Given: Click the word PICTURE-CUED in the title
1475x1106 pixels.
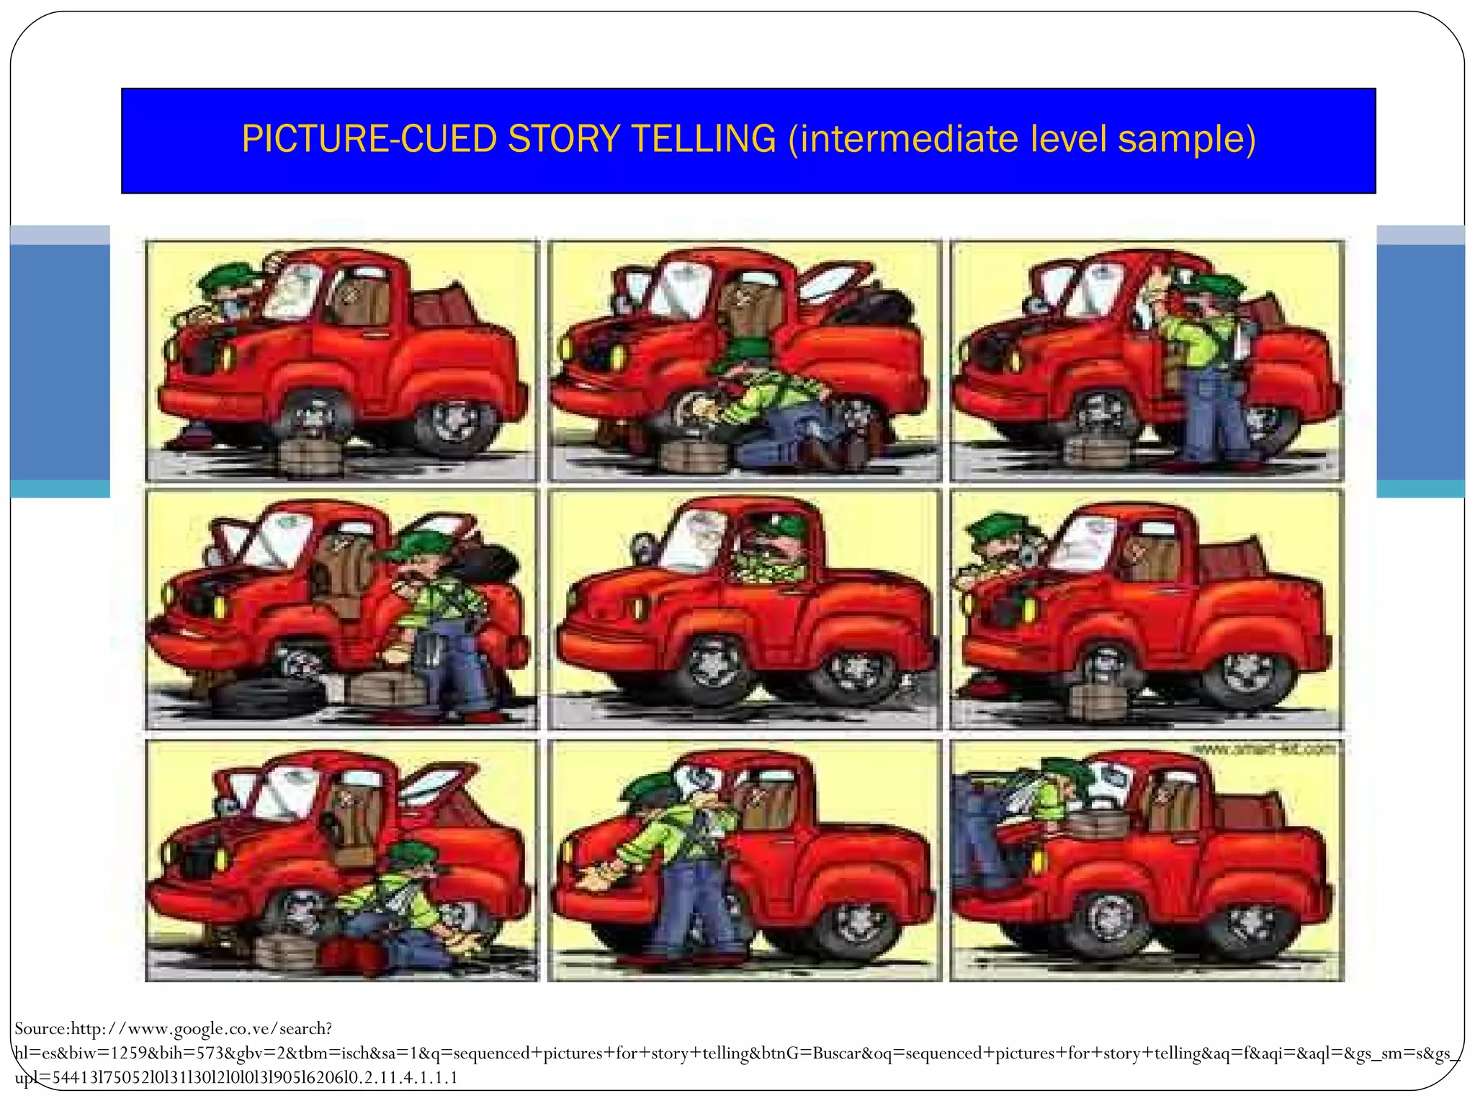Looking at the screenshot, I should pos(369,139).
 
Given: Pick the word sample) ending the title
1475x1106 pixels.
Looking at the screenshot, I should pos(1187,139).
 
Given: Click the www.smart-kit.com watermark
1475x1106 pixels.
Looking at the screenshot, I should pos(1264,750).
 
